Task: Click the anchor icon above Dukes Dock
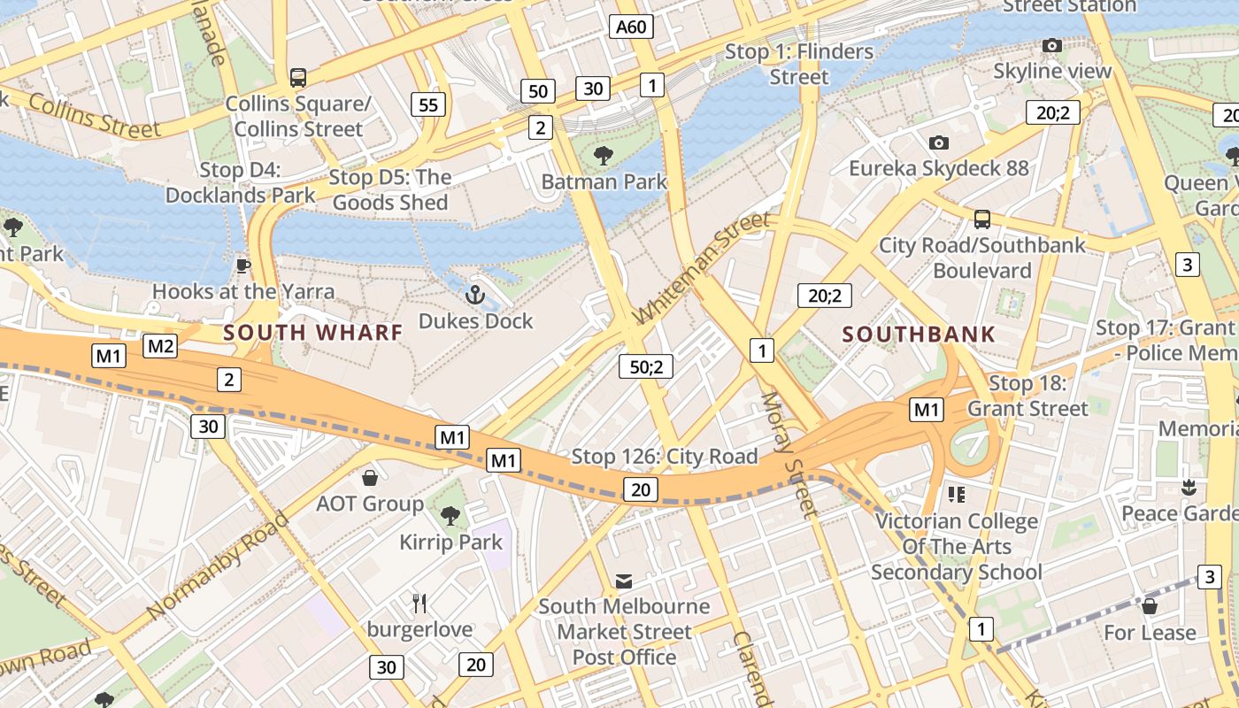[x=475, y=294]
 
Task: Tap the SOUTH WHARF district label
[x=312, y=333]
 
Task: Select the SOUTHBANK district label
[x=919, y=335]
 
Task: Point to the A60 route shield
[x=631, y=27]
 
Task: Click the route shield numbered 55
[x=427, y=105]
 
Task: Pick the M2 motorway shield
[x=160, y=346]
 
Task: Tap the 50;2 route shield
[x=646, y=365]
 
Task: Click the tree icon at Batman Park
[x=604, y=156]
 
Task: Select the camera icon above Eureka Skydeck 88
[x=939, y=142]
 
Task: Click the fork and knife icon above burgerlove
[x=419, y=604]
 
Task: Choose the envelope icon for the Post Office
[x=624, y=581]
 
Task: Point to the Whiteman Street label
[x=703, y=267]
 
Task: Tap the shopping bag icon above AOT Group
[x=370, y=478]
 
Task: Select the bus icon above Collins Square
[x=298, y=78]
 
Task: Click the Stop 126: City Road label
[x=665, y=457]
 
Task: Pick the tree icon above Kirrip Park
[x=450, y=515]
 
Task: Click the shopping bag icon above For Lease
[x=1150, y=606]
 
